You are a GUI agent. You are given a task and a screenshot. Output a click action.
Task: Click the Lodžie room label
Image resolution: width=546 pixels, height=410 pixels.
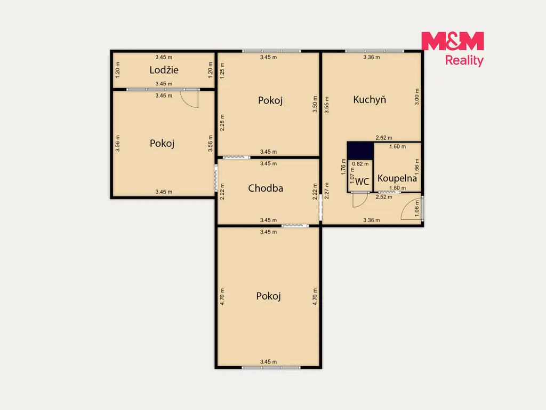[x=164, y=70]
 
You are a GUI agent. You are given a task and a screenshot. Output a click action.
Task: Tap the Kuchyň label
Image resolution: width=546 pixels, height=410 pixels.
[x=370, y=100]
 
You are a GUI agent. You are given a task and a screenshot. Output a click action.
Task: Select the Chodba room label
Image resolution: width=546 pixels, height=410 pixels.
[x=266, y=188]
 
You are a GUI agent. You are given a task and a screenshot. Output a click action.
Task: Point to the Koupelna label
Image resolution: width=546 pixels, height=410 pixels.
[x=397, y=178]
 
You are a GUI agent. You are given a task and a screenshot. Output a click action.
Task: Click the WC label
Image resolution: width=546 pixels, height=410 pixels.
[x=362, y=182]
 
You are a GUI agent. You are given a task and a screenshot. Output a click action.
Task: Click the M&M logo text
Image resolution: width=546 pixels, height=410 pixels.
[x=452, y=41]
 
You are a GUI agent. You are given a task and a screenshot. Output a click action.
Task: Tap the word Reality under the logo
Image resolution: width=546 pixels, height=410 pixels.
[x=464, y=61]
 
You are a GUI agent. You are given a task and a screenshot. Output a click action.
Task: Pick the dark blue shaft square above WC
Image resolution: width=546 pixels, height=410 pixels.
[x=360, y=151]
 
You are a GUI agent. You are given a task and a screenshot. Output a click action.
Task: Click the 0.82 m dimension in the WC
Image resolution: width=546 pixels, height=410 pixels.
[x=360, y=164]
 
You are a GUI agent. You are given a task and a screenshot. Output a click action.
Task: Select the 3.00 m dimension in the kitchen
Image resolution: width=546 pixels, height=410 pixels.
[x=417, y=97]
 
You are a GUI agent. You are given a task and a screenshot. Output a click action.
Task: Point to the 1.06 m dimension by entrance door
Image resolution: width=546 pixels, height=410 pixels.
[x=417, y=209]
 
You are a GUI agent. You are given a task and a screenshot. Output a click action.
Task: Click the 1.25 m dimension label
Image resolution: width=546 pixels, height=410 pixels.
[x=222, y=71]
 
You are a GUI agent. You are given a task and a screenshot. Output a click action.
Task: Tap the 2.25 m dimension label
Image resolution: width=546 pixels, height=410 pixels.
[x=222, y=123]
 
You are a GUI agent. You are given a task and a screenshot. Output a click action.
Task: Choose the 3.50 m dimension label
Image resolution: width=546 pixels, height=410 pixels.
[x=315, y=104]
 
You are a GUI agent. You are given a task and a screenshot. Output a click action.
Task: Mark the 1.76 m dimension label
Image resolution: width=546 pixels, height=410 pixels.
[x=343, y=167]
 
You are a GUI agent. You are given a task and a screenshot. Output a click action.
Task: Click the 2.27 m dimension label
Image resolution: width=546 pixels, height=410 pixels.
[x=326, y=191]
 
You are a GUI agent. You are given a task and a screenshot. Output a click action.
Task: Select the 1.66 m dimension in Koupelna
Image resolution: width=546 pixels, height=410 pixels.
[x=417, y=167]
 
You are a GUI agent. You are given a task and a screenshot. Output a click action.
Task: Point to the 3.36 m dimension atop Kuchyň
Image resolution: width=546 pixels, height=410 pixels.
[x=372, y=57]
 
